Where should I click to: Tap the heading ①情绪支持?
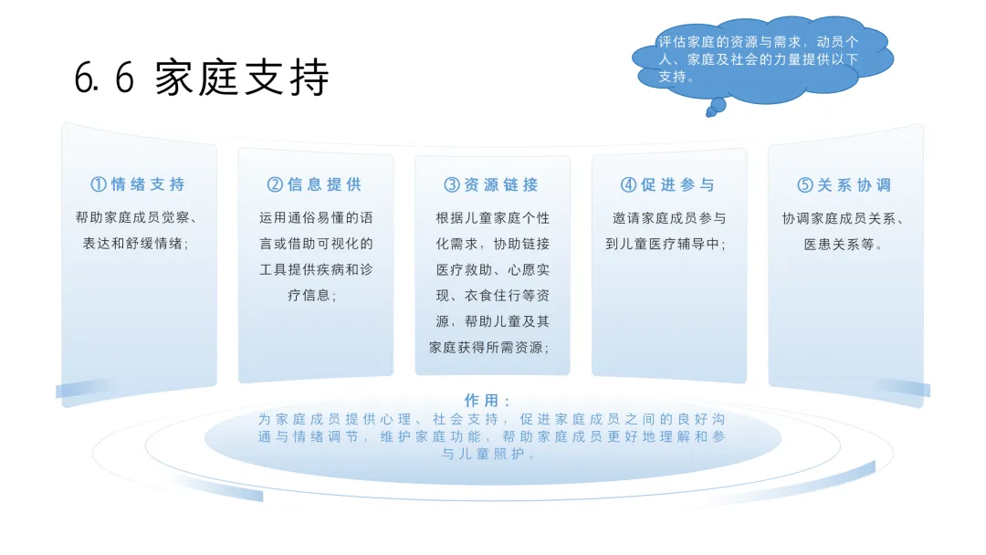[x=138, y=184]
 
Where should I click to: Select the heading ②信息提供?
[x=315, y=184]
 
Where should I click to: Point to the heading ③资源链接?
[x=491, y=184]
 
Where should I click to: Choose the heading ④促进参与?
[x=668, y=184]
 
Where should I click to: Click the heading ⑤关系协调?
[x=844, y=184]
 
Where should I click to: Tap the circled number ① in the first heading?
[x=99, y=184]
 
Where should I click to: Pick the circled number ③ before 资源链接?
[x=452, y=184]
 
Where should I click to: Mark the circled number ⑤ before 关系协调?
[x=804, y=184]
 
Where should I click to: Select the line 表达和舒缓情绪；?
[x=136, y=244]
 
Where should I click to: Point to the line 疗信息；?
[x=315, y=296]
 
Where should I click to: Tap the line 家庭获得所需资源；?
[x=490, y=348]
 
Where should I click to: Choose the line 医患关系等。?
[x=844, y=244]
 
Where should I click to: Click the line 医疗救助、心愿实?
[x=491, y=270]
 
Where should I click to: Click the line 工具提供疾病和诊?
[x=315, y=270]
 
